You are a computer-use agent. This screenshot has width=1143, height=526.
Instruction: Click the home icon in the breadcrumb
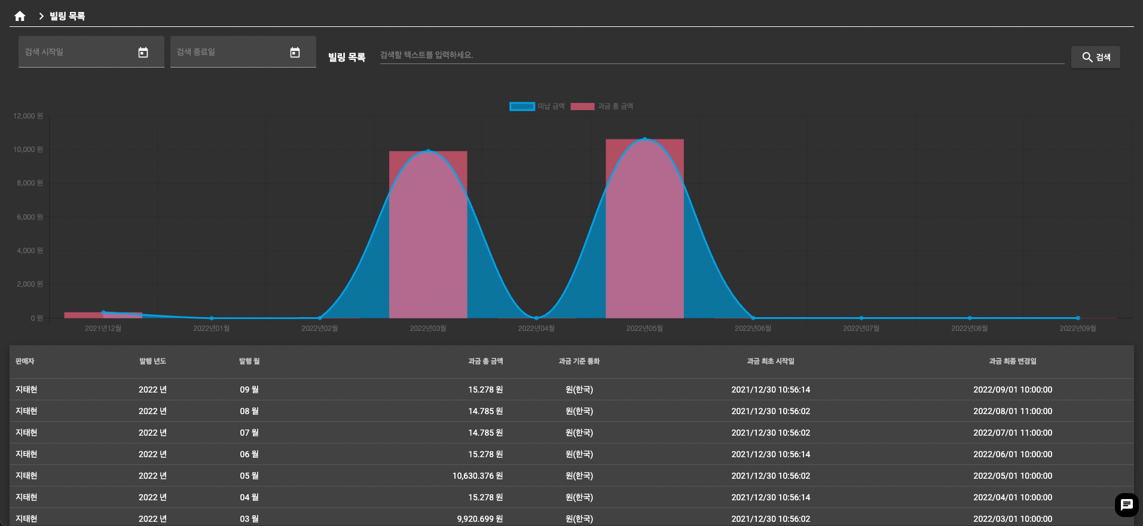pyautogui.click(x=20, y=16)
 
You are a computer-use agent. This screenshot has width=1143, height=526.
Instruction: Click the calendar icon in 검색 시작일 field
pyautogui.click(x=143, y=53)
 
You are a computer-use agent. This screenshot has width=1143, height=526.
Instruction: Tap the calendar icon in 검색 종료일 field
pyautogui.click(x=295, y=53)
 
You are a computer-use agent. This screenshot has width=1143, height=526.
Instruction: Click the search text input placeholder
pyautogui.click(x=426, y=55)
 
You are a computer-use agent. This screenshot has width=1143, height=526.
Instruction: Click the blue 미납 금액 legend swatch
pyautogui.click(x=522, y=107)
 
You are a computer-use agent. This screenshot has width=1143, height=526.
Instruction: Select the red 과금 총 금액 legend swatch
pyautogui.click(x=582, y=107)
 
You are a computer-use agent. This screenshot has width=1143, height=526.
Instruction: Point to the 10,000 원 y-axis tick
pyautogui.click(x=28, y=150)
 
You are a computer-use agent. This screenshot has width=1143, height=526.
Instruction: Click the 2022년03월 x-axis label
pyautogui.click(x=428, y=329)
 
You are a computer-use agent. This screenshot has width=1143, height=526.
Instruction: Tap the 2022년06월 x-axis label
pyautogui.click(x=753, y=329)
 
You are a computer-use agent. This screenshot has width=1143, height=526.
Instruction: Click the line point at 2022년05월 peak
pyautogui.click(x=644, y=139)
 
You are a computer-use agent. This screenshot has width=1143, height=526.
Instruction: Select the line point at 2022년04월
pyautogui.click(x=536, y=318)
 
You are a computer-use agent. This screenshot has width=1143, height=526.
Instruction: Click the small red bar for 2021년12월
pyautogui.click(x=103, y=315)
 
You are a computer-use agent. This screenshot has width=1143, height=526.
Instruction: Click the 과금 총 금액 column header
pyautogui.click(x=485, y=361)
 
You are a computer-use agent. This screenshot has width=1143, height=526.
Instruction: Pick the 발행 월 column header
pyautogui.click(x=249, y=361)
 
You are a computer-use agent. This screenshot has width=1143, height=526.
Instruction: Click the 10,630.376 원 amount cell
pyautogui.click(x=478, y=476)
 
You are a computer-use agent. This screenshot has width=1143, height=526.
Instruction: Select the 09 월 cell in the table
pyautogui.click(x=249, y=390)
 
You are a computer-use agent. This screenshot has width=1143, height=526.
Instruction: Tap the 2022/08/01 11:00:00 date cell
pyautogui.click(x=1013, y=411)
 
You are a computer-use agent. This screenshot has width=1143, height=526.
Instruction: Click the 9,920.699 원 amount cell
pyautogui.click(x=480, y=519)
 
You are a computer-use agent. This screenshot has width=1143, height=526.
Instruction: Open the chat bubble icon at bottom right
pyautogui.click(x=1127, y=505)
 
